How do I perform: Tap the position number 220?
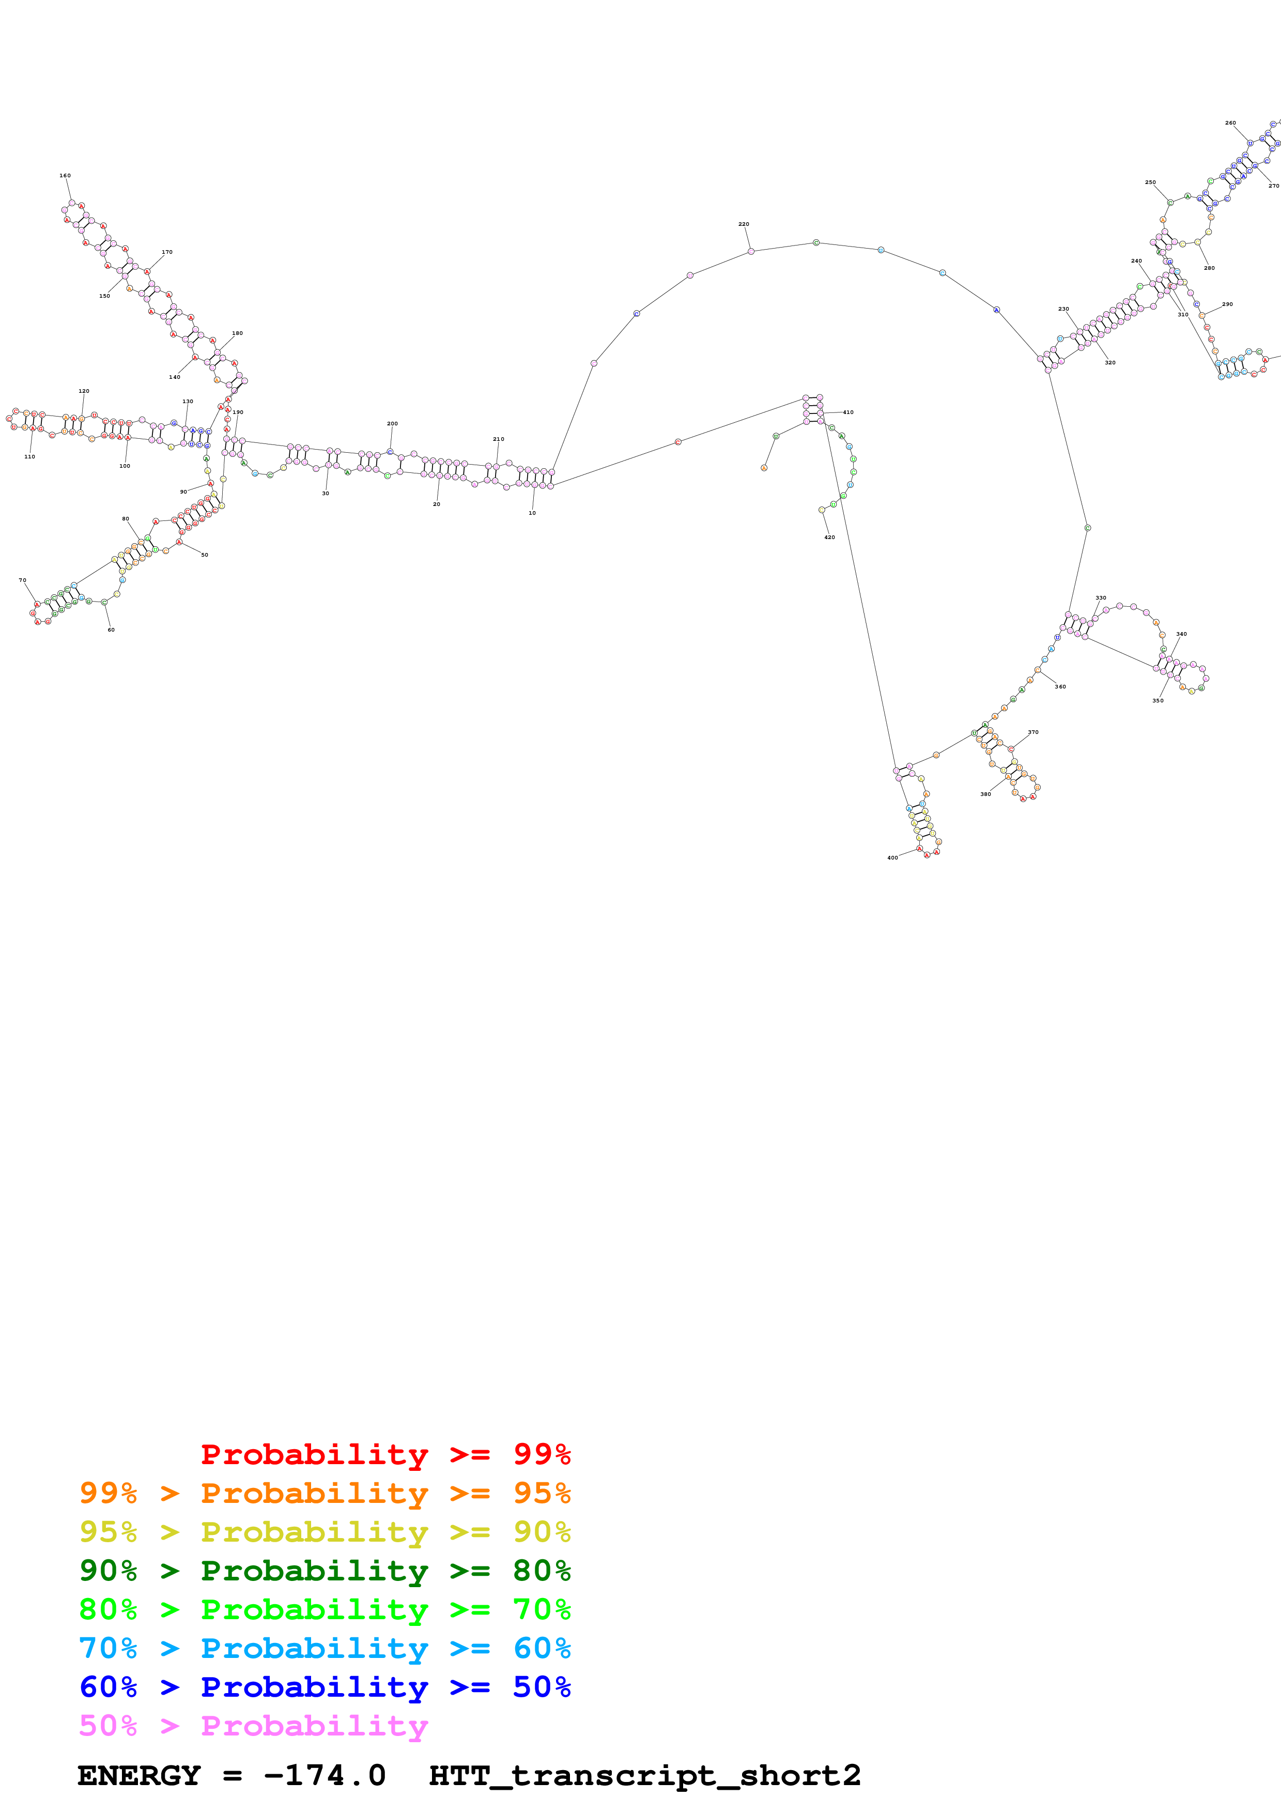(744, 224)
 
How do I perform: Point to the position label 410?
(847, 412)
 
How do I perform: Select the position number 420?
(829, 537)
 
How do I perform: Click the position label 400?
(893, 857)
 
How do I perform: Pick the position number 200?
(392, 424)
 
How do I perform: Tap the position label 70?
(22, 580)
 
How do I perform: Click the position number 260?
(1230, 123)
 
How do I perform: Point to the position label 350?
(1158, 700)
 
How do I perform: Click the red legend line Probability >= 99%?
(385, 1454)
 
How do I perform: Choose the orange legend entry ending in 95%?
(325, 1493)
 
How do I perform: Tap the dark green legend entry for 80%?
(325, 1571)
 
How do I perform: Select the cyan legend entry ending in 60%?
(325, 1648)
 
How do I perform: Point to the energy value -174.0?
(325, 1776)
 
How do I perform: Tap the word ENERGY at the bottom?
(139, 1776)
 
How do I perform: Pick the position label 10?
(532, 513)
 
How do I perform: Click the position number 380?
(986, 794)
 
